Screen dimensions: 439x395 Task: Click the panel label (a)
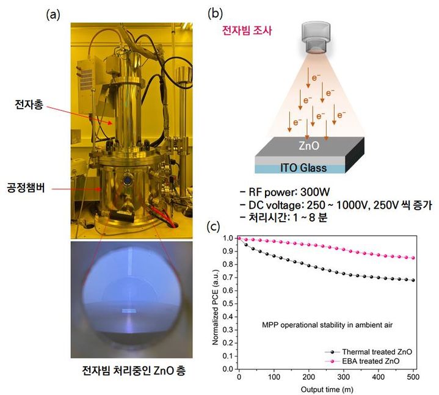[x=53, y=15]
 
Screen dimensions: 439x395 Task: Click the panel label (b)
[x=216, y=13]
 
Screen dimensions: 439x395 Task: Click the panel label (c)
[x=213, y=226]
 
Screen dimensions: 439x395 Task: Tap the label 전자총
[x=29, y=104]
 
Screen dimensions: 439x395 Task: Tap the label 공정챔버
[x=26, y=187]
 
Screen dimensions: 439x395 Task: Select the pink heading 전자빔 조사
[x=247, y=31]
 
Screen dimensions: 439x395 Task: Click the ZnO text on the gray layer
[x=309, y=145]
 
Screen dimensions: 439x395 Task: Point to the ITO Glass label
[x=303, y=168]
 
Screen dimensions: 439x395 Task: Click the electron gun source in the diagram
[x=316, y=38]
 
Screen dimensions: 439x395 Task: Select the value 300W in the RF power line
[x=315, y=192]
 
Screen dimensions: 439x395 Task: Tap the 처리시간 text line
[x=284, y=217]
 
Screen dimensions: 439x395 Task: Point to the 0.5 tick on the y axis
[x=228, y=304]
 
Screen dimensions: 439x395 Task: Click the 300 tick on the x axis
[x=343, y=377]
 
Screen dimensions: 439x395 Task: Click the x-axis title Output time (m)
[x=327, y=390]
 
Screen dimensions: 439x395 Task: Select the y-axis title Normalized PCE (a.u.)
[x=215, y=307]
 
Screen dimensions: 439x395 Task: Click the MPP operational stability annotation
[x=327, y=325]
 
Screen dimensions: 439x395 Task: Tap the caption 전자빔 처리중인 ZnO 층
[x=134, y=371]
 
